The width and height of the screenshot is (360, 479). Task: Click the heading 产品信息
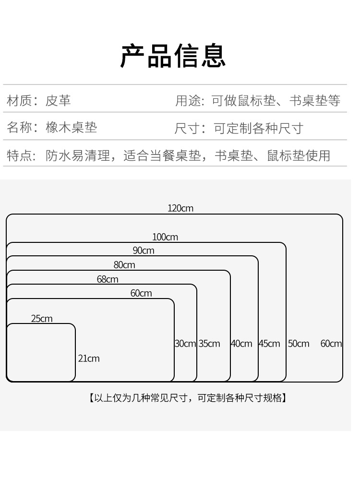point(173,57)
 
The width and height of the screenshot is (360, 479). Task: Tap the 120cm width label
point(180,208)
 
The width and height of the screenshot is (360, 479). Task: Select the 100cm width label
point(165,237)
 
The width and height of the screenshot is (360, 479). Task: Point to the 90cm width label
point(144,251)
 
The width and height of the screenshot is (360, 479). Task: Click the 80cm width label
point(124,265)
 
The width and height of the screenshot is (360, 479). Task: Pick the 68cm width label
point(108,279)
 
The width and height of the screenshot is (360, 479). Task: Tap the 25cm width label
point(42,319)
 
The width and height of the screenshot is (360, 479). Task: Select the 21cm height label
point(89,359)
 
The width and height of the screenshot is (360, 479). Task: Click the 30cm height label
point(185,344)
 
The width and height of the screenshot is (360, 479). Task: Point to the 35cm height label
point(209,344)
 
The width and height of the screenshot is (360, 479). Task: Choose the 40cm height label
point(241,344)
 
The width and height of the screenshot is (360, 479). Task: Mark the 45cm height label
point(269,344)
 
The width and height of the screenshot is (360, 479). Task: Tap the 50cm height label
point(299,344)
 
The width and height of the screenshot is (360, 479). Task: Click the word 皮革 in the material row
point(58,101)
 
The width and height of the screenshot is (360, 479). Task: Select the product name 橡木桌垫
point(72,128)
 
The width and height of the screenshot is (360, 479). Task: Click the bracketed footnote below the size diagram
point(187,398)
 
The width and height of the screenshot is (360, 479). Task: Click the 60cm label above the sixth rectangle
point(141,293)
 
